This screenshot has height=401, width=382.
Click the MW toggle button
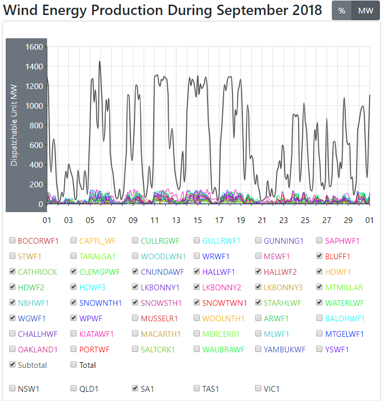tap(365, 11)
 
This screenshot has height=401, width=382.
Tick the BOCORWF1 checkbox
tap(12, 241)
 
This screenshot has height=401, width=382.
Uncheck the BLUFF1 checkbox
tap(320, 256)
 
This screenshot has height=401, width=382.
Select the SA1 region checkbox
tap(136, 388)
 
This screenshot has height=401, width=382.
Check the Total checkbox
tap(74, 365)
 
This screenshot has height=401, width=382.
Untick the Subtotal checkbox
tap(12, 365)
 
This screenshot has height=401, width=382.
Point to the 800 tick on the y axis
tap(36, 125)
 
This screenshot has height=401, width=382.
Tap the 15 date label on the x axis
tap(197, 220)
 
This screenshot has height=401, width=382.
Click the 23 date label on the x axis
tap(284, 220)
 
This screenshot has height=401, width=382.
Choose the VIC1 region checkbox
tap(259, 388)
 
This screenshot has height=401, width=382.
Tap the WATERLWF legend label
tap(344, 303)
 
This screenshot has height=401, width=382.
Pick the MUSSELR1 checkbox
tap(136, 318)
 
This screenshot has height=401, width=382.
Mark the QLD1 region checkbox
tap(74, 388)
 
